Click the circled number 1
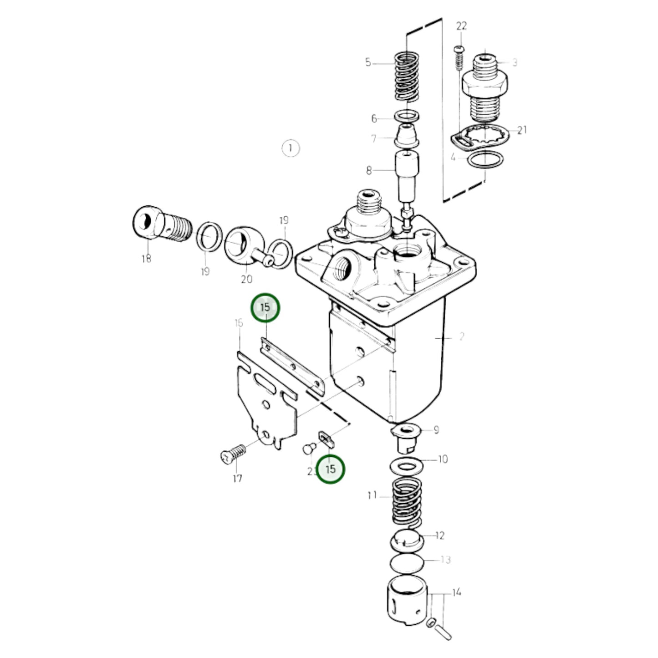(x=291, y=148)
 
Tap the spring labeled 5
(x=407, y=76)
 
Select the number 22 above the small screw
(x=461, y=26)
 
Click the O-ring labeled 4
(x=486, y=160)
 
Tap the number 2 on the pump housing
(x=461, y=337)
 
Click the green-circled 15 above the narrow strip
(x=265, y=308)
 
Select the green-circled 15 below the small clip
(x=331, y=469)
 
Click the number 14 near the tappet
(x=456, y=592)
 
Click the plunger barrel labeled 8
(x=407, y=175)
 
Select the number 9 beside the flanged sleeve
(x=436, y=429)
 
